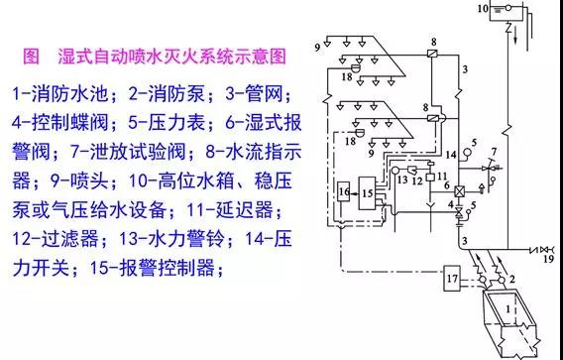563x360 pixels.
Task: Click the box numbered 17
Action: tap(452, 278)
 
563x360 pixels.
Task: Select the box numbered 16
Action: tap(344, 191)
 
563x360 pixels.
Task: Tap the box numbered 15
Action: tap(367, 193)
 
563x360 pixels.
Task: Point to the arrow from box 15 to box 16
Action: tap(355, 193)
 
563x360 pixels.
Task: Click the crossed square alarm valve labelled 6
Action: tap(459, 191)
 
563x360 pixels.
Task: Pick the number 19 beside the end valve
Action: tap(549, 259)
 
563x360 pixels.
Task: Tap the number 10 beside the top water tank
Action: tap(484, 8)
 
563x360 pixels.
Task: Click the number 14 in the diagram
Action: tap(451, 155)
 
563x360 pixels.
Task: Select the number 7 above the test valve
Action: tap(494, 152)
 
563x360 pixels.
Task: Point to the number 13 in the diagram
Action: tap(402, 179)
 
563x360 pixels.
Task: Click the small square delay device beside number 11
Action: tap(430, 177)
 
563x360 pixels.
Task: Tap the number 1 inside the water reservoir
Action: tap(508, 309)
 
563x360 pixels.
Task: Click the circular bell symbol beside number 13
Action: tap(394, 170)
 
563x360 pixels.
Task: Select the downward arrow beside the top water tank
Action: tap(515, 38)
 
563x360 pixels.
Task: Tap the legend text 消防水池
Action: tap(70, 94)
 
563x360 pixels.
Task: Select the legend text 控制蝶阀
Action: tap(70, 123)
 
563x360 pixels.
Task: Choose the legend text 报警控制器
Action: tap(167, 268)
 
